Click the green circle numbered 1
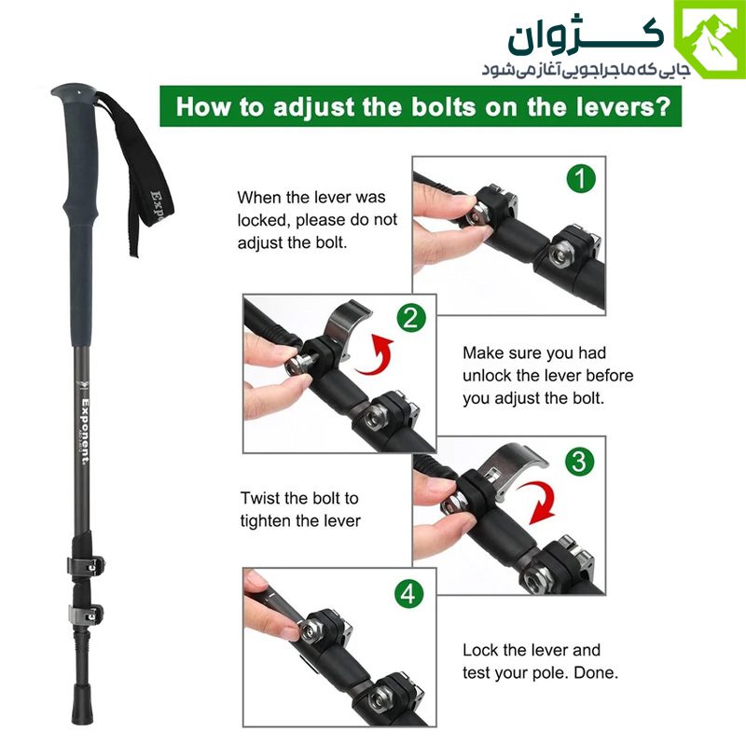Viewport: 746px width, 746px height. (x=581, y=179)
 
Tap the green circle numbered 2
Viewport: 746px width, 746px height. (x=411, y=318)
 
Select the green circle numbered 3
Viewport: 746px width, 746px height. (x=579, y=461)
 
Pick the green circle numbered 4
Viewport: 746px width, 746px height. (x=409, y=593)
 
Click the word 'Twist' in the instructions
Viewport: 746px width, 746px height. (x=260, y=498)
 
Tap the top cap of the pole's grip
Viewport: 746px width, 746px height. (x=73, y=91)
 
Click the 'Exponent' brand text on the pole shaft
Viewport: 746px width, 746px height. (x=85, y=432)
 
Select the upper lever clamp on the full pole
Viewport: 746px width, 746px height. (x=86, y=565)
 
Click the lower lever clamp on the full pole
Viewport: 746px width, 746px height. (x=86, y=615)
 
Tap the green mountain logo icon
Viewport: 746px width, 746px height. (x=710, y=39)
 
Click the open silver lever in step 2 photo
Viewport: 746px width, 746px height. (x=344, y=325)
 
